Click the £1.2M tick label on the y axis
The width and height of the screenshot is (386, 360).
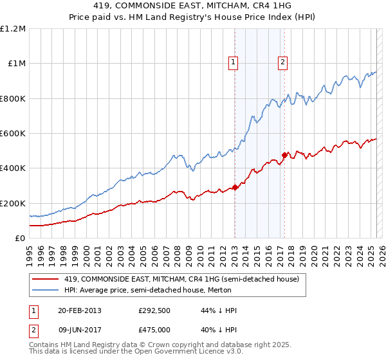click(x=13, y=29)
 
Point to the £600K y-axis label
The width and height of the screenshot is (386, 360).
click(x=13, y=134)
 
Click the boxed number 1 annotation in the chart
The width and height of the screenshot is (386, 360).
click(x=233, y=62)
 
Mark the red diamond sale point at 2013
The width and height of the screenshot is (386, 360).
click(x=235, y=187)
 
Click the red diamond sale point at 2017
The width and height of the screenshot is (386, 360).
click(x=284, y=155)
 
